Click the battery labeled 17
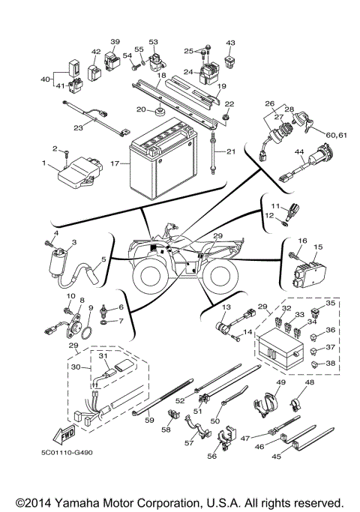[163, 160]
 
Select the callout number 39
[115, 42]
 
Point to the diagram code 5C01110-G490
[67, 453]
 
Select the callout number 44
[299, 152]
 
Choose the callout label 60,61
[336, 135]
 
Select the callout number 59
[149, 420]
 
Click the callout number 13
[226, 307]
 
